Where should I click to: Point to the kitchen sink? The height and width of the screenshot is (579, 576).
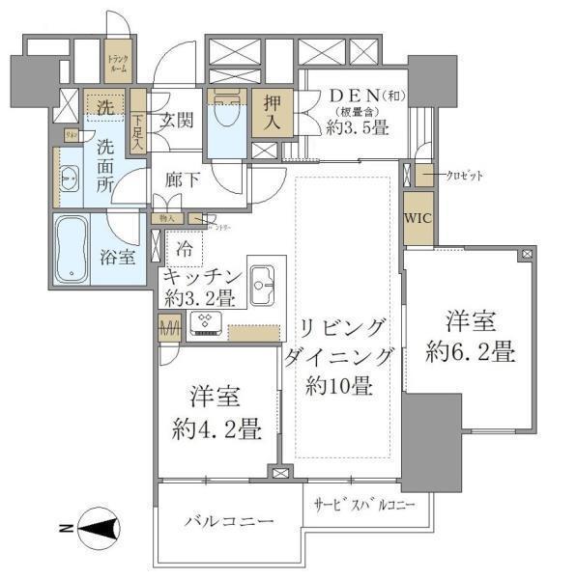coord(264,281)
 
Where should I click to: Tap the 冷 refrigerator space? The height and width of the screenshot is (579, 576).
coord(185,247)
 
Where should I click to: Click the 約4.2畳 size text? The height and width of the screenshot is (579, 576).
coord(215,427)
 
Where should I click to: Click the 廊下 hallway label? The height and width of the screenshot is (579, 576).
coord(182,179)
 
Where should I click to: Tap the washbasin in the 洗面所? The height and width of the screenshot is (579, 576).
coord(70,179)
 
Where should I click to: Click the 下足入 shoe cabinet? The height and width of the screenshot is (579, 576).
coord(139,125)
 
